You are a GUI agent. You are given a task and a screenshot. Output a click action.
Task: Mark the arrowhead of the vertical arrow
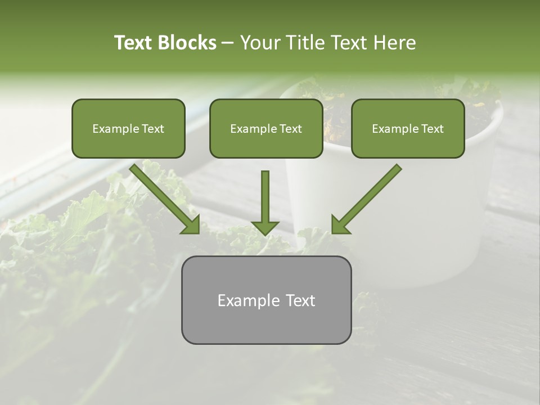[265, 227]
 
